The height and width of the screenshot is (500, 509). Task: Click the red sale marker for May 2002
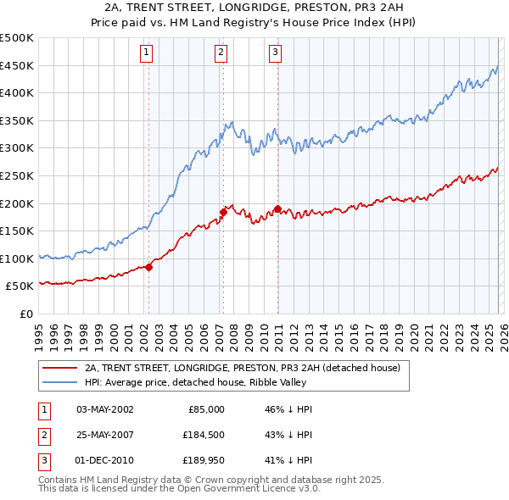click(x=148, y=267)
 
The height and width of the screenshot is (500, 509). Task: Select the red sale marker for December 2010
click(x=277, y=208)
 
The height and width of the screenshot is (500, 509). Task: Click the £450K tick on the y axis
click(x=17, y=65)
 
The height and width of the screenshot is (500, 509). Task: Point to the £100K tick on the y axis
click(x=17, y=258)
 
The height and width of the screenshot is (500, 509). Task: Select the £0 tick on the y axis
click(x=27, y=314)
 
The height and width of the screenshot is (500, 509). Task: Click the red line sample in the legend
click(x=59, y=368)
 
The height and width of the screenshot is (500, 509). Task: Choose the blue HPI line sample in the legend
click(x=59, y=382)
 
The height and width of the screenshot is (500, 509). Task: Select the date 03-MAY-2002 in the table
click(x=105, y=408)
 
